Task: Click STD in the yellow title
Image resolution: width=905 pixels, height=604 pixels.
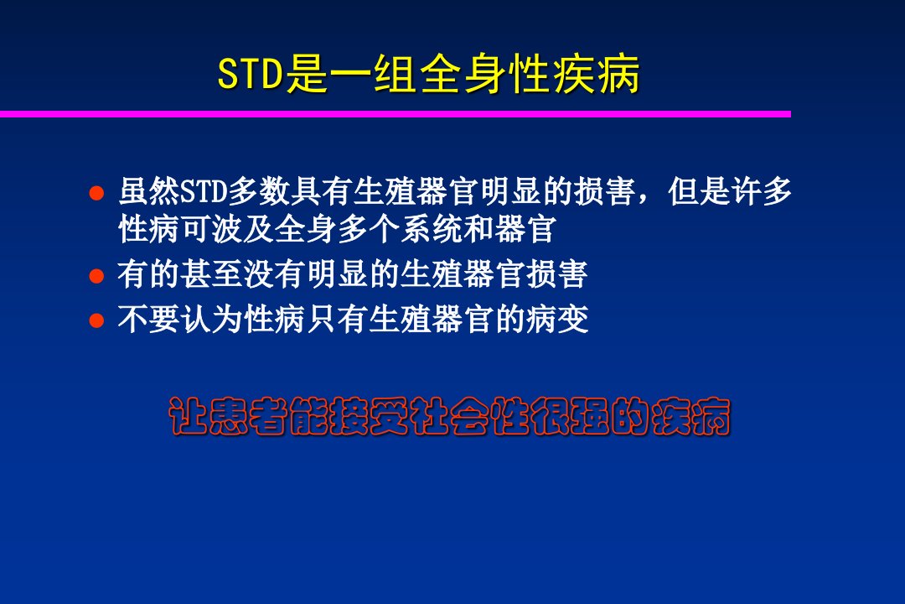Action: click(251, 74)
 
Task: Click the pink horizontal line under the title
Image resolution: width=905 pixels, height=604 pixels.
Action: click(396, 114)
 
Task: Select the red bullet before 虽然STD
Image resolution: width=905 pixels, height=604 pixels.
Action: click(96, 193)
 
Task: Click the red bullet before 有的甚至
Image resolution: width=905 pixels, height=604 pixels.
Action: click(96, 276)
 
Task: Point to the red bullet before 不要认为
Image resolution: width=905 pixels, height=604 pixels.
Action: click(96, 320)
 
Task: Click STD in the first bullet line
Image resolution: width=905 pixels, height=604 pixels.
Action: click(204, 192)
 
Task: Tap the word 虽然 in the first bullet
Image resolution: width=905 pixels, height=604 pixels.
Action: click(149, 191)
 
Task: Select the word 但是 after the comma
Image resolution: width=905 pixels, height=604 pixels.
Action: click(699, 191)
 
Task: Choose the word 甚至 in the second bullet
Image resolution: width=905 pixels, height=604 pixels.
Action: click(212, 274)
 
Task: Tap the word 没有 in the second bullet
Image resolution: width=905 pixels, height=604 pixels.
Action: click(274, 274)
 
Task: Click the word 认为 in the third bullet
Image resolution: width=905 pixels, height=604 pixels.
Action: click(212, 319)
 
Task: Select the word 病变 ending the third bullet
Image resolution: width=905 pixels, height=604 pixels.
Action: click(557, 319)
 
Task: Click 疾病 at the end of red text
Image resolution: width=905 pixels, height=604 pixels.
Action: click(690, 416)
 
